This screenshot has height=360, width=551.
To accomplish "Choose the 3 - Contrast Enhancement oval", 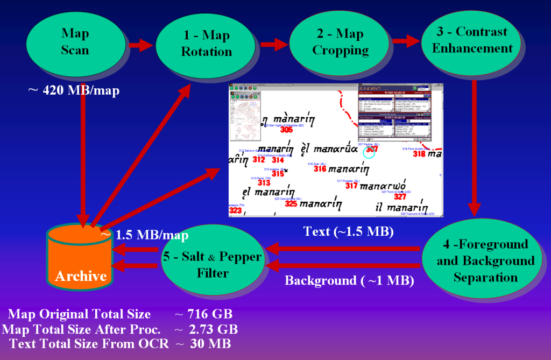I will tap(472, 40).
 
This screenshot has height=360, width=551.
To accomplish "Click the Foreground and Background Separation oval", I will tap(486, 261).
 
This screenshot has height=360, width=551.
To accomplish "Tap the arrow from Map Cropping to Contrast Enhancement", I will tap(405, 40).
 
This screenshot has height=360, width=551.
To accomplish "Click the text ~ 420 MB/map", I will tap(74, 90).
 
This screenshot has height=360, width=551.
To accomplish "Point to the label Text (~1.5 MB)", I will tap(349, 232).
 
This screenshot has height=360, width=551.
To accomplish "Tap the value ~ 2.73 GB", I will tap(206, 329).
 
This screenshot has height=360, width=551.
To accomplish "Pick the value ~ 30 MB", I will tap(202, 343).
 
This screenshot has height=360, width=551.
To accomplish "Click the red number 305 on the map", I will tap(286, 130).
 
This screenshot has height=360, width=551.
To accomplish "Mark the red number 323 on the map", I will tap(235, 210).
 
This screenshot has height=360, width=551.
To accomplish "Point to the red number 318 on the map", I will tap(419, 154).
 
